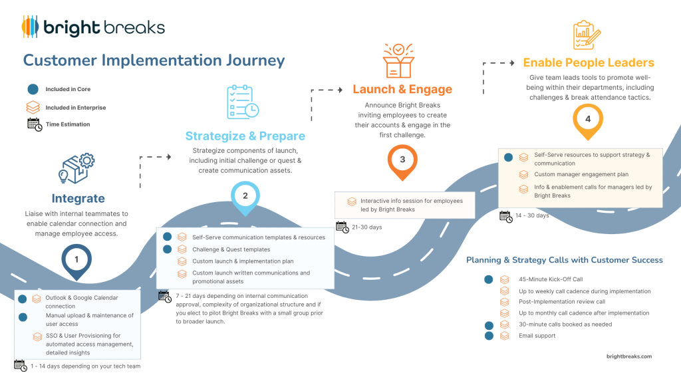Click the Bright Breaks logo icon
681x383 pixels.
click(x=30, y=27)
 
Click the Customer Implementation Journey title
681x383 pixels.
click(x=154, y=61)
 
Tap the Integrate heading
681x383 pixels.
click(x=78, y=198)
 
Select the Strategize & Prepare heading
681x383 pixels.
click(x=245, y=136)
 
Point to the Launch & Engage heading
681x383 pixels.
click(x=402, y=89)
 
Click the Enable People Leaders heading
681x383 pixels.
click(x=589, y=63)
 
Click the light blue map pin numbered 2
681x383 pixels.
click(x=245, y=197)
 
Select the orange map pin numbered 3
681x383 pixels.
click(x=402, y=160)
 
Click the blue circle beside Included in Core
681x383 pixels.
click(x=33, y=89)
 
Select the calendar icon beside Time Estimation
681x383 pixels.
click(x=34, y=124)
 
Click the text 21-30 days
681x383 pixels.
click(x=367, y=227)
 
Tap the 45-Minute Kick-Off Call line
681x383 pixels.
click(x=551, y=280)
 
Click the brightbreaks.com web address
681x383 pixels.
click(x=628, y=356)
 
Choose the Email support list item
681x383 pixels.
click(x=537, y=336)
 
